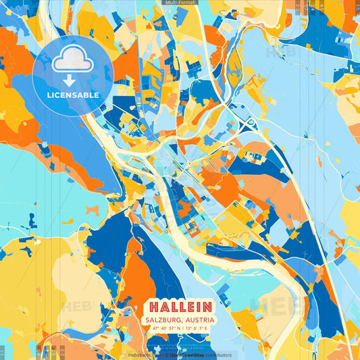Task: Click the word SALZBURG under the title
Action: pyautogui.click(x=164, y=319)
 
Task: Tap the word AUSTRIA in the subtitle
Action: pyautogui.click(x=201, y=319)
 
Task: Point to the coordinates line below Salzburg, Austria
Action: pyautogui.click(x=179, y=329)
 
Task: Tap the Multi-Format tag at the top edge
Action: pyautogui.click(x=180, y=3)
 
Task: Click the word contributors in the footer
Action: pyautogui.click(x=216, y=355)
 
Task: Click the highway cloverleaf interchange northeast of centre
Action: pyautogui.click(x=250, y=124)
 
